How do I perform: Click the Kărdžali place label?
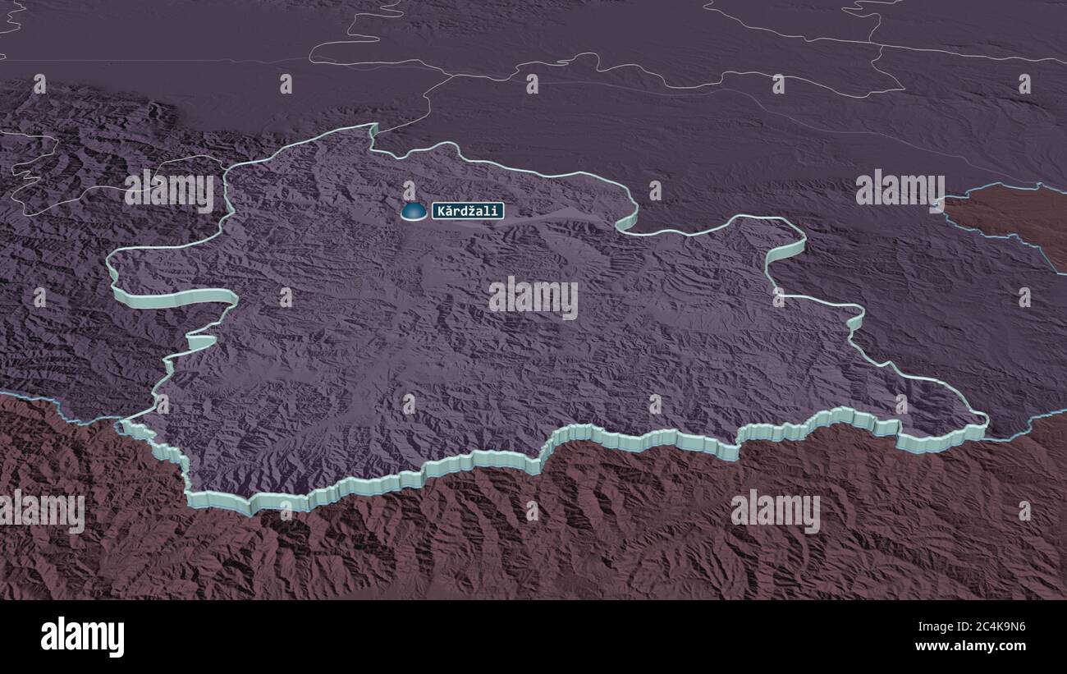coord(468,211)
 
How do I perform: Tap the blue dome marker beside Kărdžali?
coord(413,212)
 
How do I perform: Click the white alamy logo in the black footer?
coord(82,636)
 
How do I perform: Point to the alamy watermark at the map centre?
coord(533,297)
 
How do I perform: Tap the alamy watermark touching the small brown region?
coord(900,190)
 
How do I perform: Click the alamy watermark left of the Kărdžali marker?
coord(169,190)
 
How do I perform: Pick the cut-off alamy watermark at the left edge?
coord(41,511)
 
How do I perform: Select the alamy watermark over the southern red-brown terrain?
coord(775,511)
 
